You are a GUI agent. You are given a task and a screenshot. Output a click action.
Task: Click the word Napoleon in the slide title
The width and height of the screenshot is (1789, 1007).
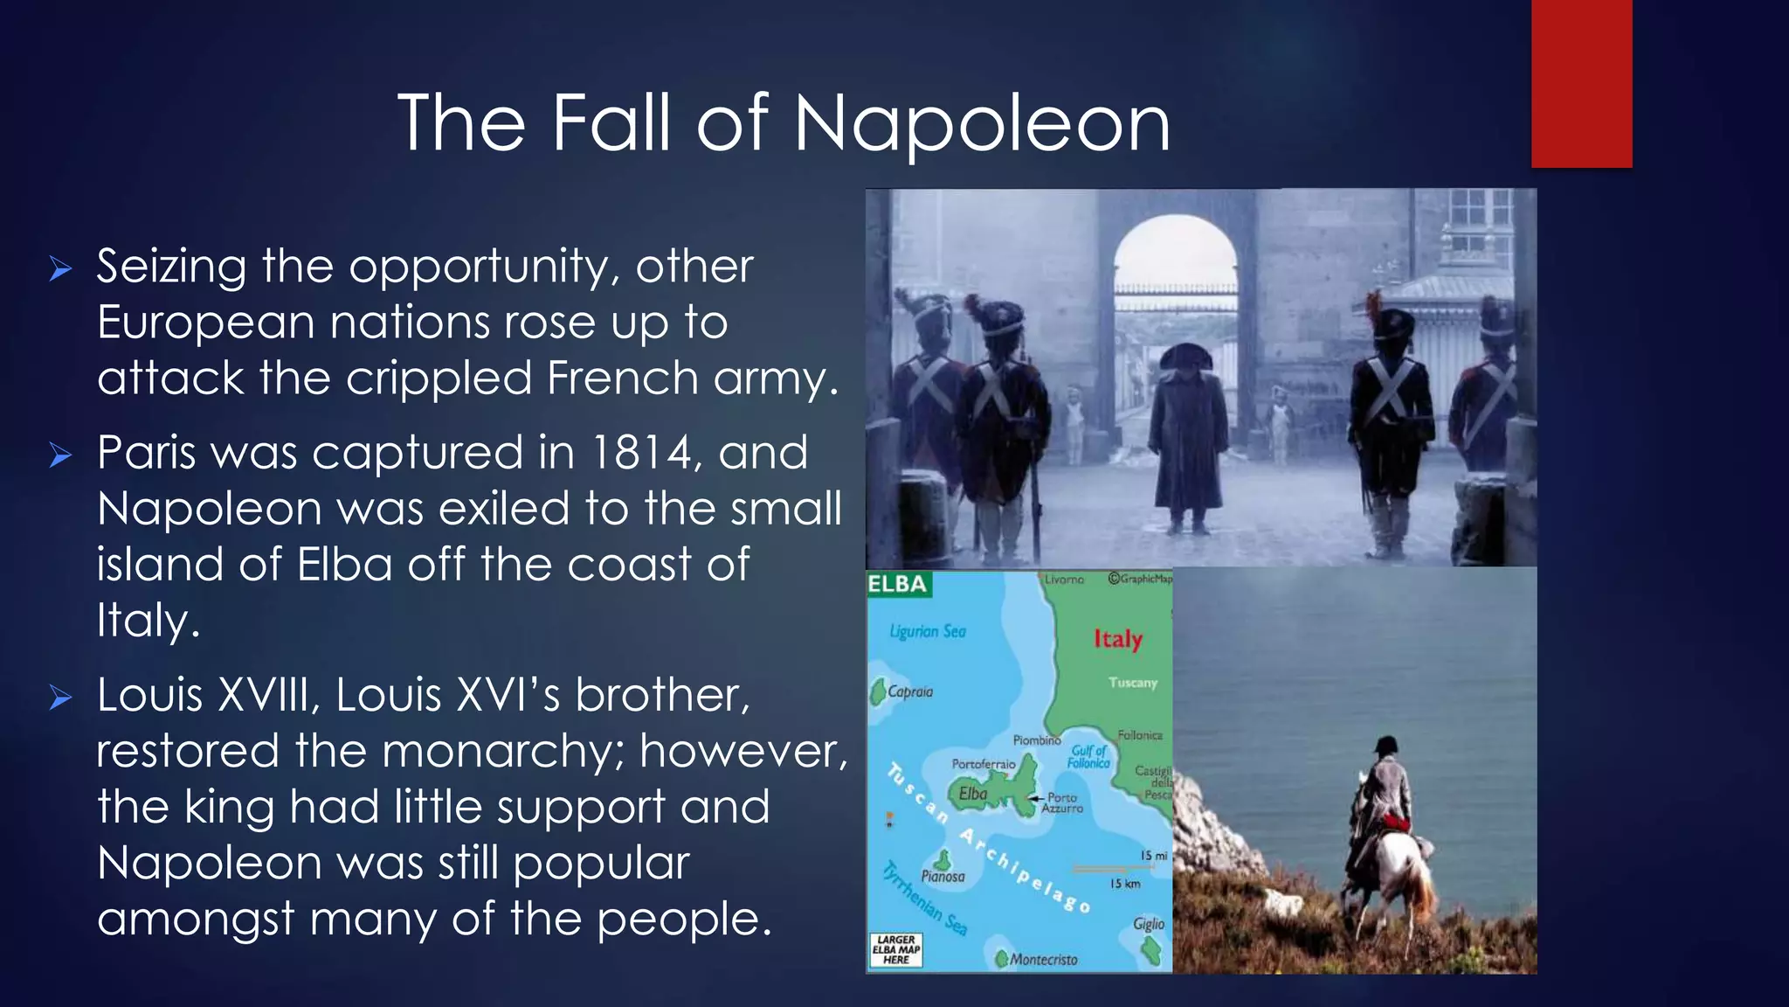point(982,124)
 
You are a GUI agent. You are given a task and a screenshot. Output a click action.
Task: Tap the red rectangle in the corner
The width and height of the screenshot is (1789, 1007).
point(1581,84)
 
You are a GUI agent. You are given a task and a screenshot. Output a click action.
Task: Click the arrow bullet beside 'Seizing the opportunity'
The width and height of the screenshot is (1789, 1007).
point(60,268)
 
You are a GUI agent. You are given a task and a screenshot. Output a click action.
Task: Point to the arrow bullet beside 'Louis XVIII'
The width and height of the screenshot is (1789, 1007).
point(60,698)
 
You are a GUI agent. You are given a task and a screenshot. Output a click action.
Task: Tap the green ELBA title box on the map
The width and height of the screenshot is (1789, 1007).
point(898,584)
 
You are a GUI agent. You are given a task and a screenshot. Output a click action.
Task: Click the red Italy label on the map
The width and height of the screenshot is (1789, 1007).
point(1118,639)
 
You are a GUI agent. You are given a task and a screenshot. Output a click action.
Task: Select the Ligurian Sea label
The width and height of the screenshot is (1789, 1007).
point(928,631)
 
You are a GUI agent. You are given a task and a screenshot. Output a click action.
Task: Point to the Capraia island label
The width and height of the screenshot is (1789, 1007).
point(910,691)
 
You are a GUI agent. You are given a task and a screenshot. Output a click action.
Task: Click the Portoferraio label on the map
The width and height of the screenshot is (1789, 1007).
point(984,764)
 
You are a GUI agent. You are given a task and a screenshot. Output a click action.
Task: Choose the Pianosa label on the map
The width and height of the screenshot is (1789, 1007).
point(943,876)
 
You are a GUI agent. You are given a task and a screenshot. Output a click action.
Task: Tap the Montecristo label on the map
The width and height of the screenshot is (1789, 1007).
point(1043,960)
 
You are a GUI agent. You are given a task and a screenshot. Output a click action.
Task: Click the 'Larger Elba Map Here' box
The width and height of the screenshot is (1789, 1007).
point(895,950)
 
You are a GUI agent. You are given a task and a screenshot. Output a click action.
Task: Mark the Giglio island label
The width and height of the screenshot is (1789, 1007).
point(1149,924)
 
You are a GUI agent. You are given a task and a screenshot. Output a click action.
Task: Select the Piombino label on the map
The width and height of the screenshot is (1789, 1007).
point(1037,740)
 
